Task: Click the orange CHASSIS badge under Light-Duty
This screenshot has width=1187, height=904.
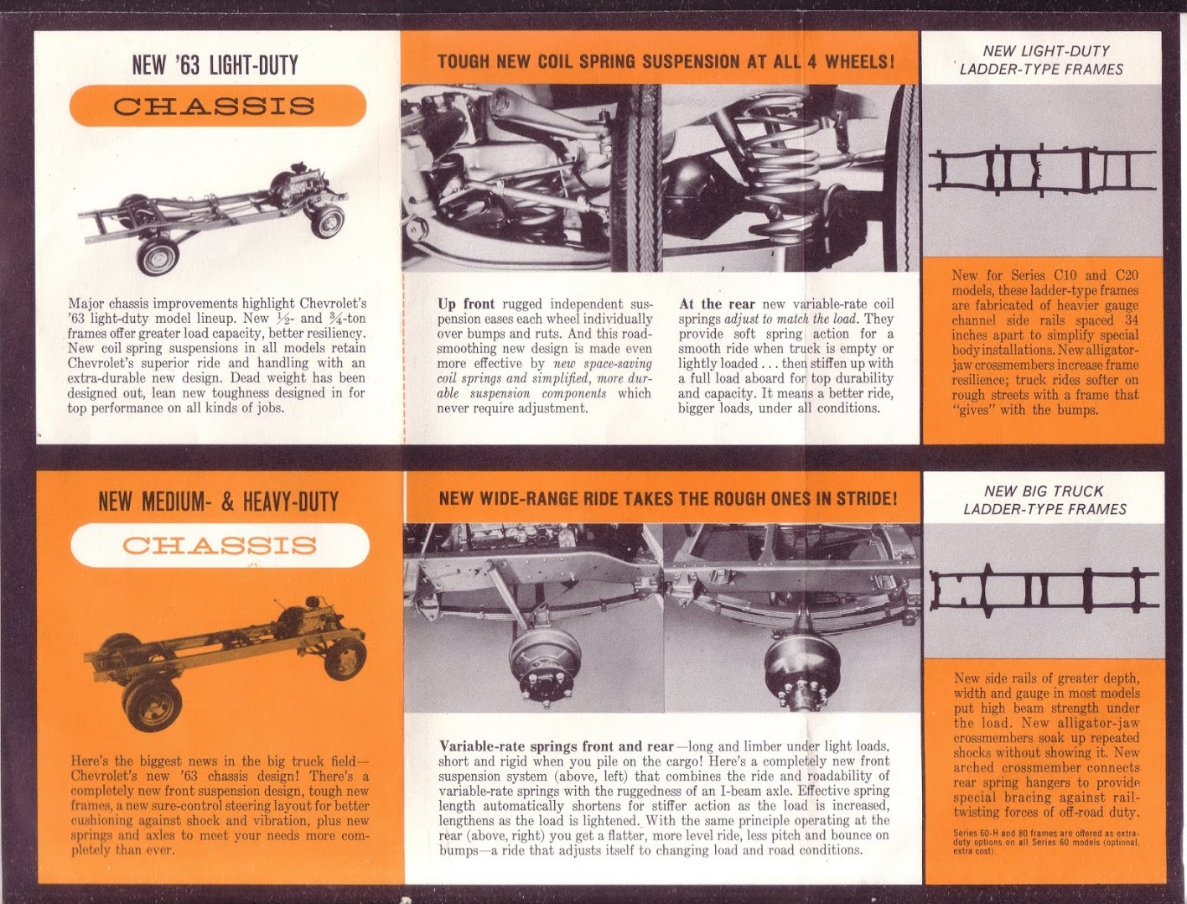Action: pos(216,107)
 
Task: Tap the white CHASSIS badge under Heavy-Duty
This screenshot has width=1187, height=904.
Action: pos(220,546)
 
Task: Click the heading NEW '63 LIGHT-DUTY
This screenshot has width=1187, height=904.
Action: pos(215,65)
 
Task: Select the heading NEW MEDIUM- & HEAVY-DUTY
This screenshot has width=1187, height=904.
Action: pos(218,501)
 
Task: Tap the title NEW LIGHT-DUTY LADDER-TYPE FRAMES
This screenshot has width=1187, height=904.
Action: pos(1042,60)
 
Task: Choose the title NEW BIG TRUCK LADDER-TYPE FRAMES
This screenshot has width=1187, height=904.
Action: pos(1044,500)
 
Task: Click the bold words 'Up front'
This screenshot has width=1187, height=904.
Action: pos(465,304)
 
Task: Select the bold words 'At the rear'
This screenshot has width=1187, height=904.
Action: pos(717,304)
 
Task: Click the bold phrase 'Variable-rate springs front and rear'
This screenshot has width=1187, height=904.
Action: pos(556,746)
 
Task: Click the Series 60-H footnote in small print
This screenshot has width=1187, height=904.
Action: pos(1045,842)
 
